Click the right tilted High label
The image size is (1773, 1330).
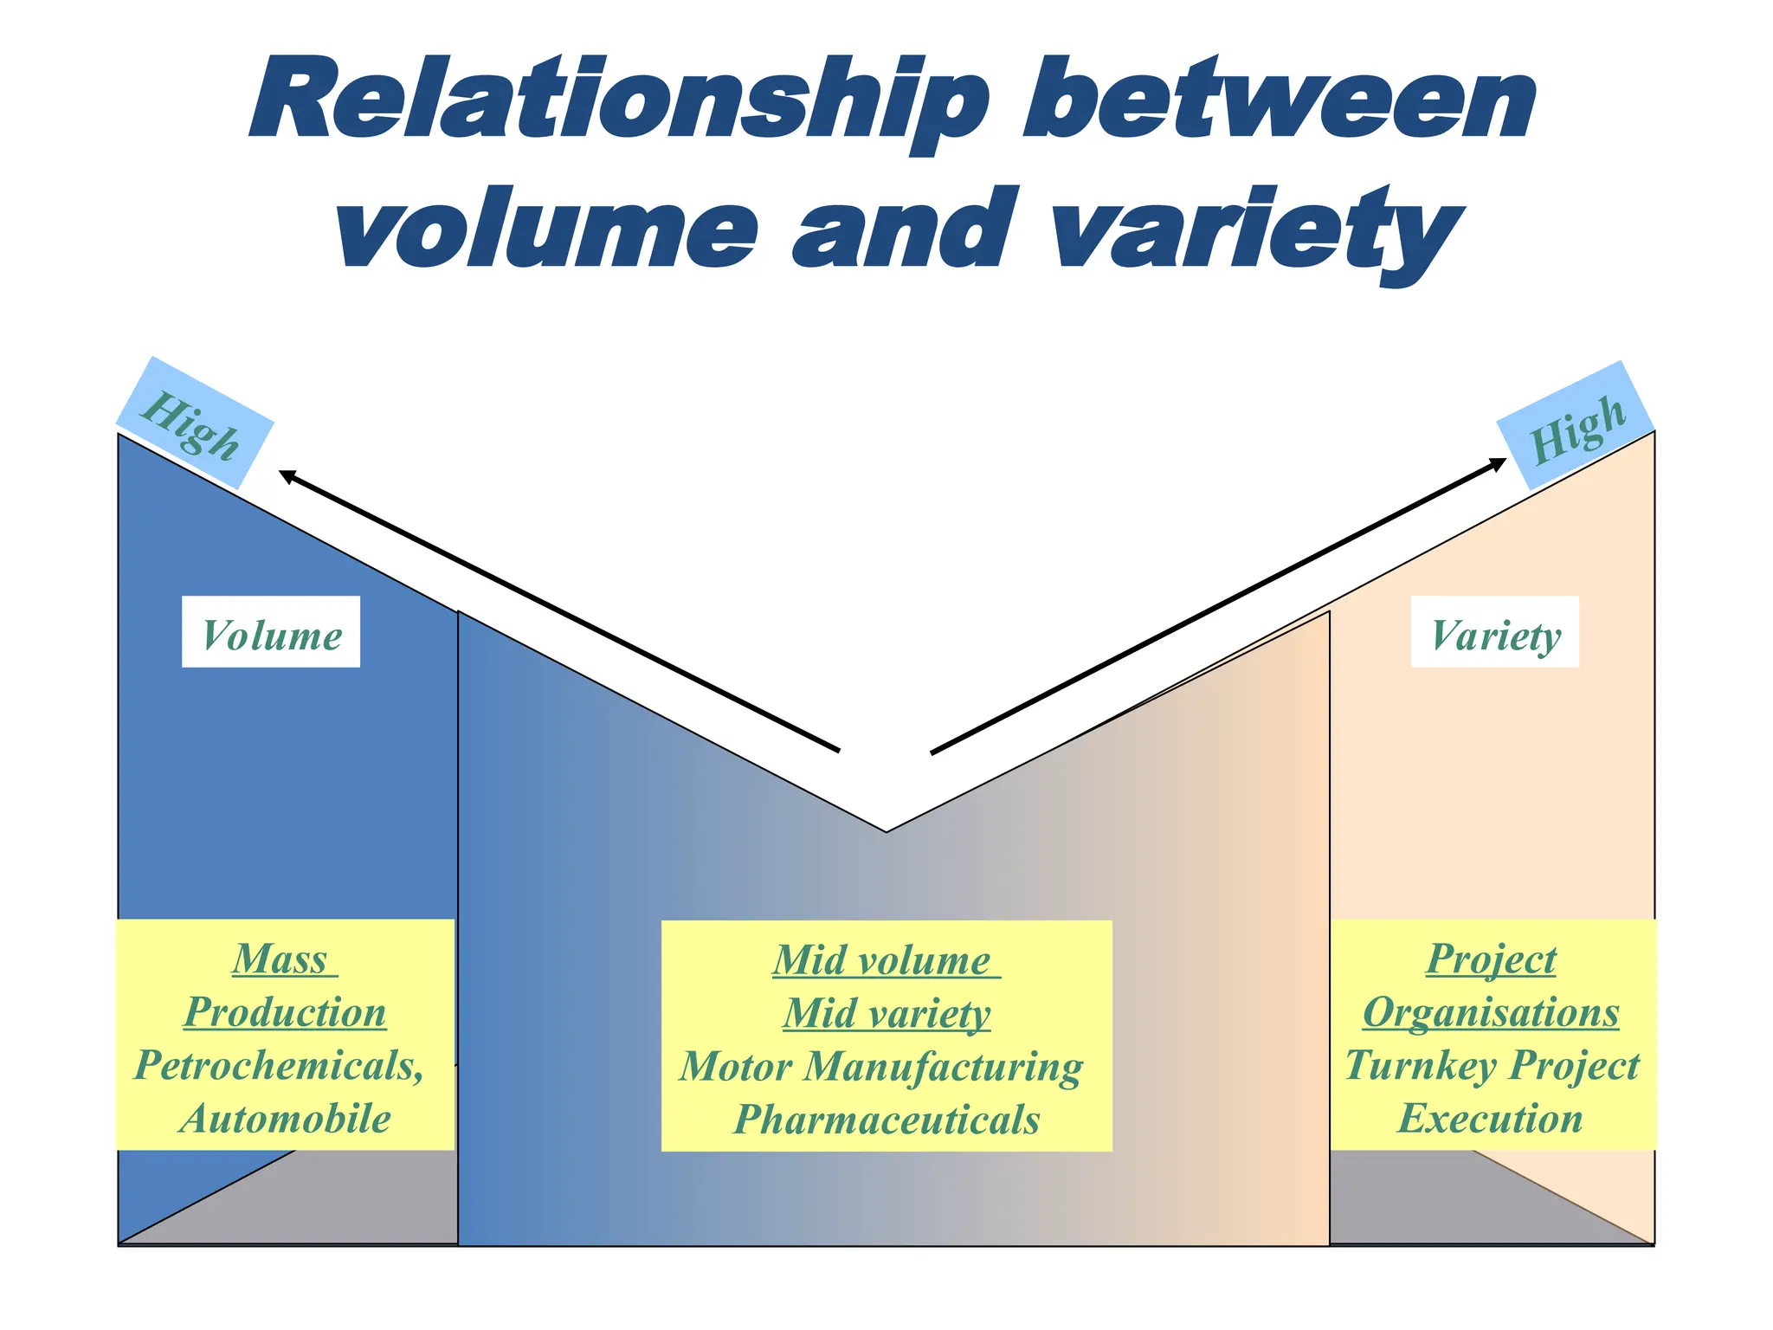tap(1577, 425)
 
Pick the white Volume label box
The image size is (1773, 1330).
tap(271, 632)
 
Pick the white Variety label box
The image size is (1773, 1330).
tap(1495, 632)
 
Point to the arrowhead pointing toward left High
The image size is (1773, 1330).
tap(286, 475)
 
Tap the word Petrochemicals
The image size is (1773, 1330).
tap(279, 1065)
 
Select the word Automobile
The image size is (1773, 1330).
tap(286, 1118)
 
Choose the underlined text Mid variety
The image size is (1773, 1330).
tap(886, 1013)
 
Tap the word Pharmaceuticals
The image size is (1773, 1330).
tap(886, 1119)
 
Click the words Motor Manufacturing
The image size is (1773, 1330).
tap(881, 1066)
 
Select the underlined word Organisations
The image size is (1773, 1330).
tap(1491, 1012)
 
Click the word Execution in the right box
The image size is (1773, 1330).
tap(1491, 1118)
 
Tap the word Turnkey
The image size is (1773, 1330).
tap(1420, 1066)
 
